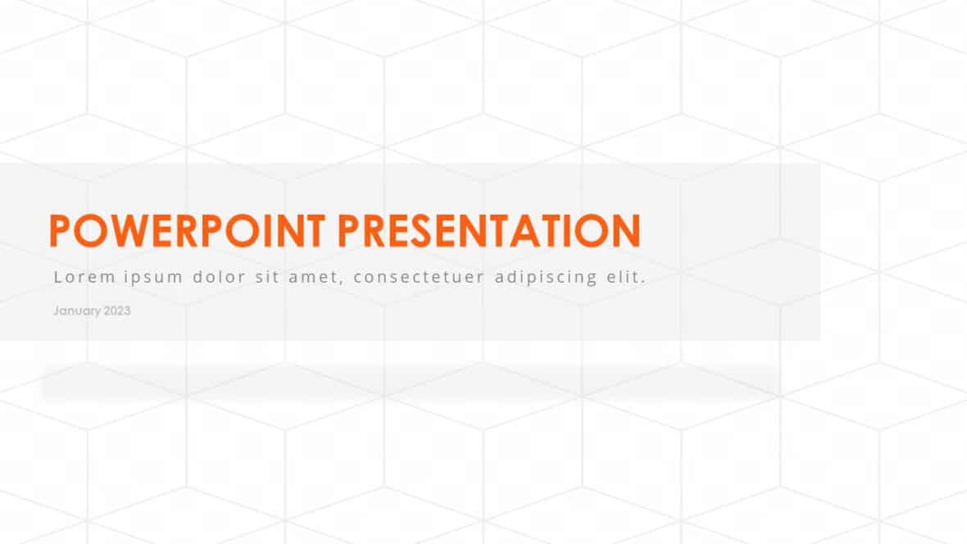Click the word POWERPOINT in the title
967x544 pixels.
[x=189, y=230]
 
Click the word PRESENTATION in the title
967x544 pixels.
[x=489, y=230]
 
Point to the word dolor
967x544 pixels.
[x=219, y=277]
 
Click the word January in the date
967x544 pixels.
[x=77, y=311]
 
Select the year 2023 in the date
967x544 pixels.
[x=117, y=311]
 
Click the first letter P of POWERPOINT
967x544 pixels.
[x=60, y=230]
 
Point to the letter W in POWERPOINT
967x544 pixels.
[x=120, y=230]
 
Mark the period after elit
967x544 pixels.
[x=644, y=282]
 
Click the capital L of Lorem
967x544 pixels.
[x=57, y=277]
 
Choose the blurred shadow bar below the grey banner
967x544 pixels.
[x=410, y=382]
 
